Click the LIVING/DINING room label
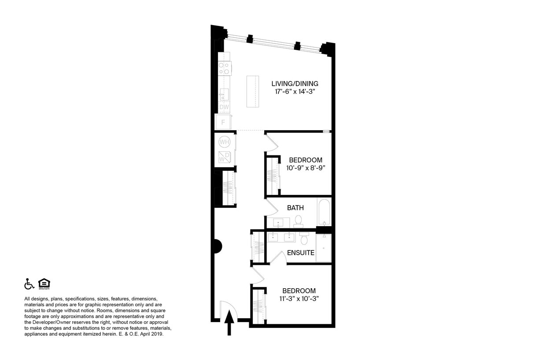pos(295,84)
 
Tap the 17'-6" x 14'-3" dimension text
pos(295,92)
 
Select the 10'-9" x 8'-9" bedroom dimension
pos(306,168)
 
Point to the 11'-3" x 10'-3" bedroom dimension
pos(299,298)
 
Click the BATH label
pos(295,208)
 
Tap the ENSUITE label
pos(300,253)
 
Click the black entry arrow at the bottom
pos(229,323)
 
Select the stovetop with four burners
pos(224,68)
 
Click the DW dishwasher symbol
pos(224,107)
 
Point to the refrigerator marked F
pos(223,122)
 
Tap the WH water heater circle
pos(224,142)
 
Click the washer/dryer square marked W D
pos(225,157)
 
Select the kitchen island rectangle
pos(252,91)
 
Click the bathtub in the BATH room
pos(324,212)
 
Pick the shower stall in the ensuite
pos(323,248)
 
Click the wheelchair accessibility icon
pos(29,284)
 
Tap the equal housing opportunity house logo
pos(44,284)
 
